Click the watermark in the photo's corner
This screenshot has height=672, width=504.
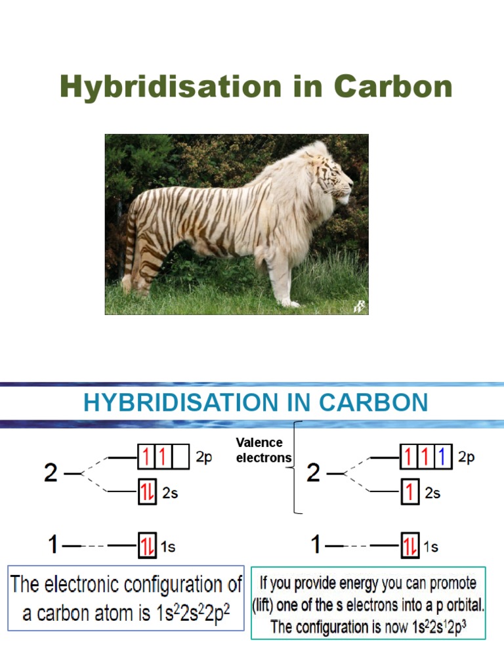tap(359, 306)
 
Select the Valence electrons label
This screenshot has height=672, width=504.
tap(262, 450)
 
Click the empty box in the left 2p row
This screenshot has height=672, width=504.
tap(181, 457)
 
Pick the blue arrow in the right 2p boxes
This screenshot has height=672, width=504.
tap(444, 457)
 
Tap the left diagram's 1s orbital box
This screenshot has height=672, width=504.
tap(147, 545)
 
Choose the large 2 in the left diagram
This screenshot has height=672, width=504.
tap(51, 473)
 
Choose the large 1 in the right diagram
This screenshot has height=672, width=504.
tap(316, 545)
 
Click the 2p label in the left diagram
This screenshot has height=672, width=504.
tap(204, 458)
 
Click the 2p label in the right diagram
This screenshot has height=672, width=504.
tap(467, 458)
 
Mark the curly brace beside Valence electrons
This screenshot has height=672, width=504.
tap(297, 467)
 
